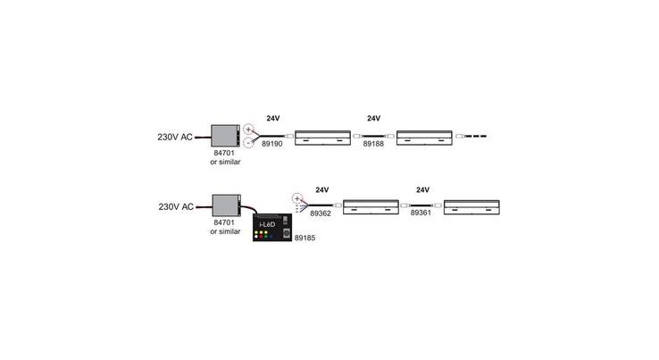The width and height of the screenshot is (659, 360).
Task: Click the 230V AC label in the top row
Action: tap(175, 137)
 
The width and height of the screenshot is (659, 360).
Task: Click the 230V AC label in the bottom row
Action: tap(176, 207)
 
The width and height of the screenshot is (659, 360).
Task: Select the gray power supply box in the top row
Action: tap(225, 136)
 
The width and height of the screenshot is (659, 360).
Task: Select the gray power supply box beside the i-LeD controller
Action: tap(226, 205)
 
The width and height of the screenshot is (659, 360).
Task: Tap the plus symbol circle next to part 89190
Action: tap(249, 130)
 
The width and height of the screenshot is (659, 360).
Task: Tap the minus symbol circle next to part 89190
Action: tap(249, 143)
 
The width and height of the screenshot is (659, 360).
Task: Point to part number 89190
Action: tap(272, 144)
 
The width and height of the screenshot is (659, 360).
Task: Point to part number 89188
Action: tap(373, 144)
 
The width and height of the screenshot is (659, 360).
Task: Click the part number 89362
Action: tap(321, 213)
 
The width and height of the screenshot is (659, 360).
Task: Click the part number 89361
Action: tap(421, 213)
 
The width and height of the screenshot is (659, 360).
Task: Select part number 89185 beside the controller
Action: tap(304, 238)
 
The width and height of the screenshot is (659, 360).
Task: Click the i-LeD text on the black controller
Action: tap(267, 224)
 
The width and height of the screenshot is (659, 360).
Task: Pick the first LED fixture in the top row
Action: tap(322, 138)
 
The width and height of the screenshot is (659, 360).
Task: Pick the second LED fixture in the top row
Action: tap(424, 138)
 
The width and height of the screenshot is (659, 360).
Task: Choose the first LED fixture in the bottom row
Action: tap(371, 207)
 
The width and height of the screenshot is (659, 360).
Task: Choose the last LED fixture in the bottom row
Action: tap(472, 207)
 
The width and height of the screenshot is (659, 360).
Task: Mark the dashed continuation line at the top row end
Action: tap(476, 137)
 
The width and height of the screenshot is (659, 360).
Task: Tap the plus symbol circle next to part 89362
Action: tap(297, 198)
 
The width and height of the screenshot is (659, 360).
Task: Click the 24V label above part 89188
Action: tap(373, 119)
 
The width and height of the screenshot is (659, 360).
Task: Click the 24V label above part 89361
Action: tap(422, 190)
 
